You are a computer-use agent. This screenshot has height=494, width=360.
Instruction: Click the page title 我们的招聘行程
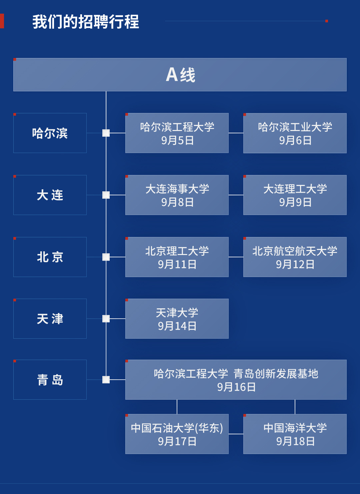click(86, 22)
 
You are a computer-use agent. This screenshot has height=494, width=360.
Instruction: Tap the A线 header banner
click(180, 75)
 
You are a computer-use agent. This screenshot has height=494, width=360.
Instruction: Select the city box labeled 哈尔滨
click(50, 133)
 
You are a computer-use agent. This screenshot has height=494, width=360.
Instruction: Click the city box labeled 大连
click(50, 195)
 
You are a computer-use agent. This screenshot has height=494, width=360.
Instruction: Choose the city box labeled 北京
click(50, 257)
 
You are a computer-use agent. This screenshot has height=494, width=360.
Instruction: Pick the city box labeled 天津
click(50, 319)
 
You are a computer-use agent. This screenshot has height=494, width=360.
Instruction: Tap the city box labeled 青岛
click(50, 380)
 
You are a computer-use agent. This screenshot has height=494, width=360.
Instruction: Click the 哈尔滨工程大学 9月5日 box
click(177, 133)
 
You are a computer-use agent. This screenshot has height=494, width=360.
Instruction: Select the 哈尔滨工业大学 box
click(295, 133)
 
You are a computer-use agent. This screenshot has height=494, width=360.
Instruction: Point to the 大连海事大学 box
click(177, 195)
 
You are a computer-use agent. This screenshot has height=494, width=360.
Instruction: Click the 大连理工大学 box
click(295, 195)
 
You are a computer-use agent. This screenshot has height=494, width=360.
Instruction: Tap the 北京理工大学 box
click(177, 257)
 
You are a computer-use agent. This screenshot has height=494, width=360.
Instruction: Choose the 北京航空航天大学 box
click(295, 257)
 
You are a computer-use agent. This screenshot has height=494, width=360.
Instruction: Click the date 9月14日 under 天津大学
click(177, 326)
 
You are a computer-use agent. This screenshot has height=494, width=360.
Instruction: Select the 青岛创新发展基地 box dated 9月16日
click(236, 380)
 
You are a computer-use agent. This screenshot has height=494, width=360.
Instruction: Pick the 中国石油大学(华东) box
click(177, 434)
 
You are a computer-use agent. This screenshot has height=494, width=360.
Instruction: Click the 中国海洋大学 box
click(295, 434)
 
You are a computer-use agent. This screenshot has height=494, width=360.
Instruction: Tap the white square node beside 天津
click(106, 319)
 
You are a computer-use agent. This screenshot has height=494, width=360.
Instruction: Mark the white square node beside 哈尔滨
click(106, 133)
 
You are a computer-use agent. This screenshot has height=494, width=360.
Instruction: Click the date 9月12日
click(295, 264)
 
